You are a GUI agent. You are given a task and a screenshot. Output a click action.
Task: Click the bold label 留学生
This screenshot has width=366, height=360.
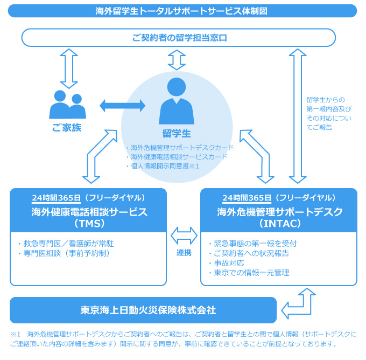click(177, 133)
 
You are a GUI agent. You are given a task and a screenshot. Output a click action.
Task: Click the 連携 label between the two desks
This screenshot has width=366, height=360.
click(184, 253)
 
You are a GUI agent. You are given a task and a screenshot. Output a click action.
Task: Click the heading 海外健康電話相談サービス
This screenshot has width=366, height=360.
click(89, 212)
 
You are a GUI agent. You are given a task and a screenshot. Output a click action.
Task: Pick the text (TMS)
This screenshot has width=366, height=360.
click(89, 223)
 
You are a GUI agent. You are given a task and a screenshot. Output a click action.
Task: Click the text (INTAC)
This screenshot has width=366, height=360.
click(279, 223)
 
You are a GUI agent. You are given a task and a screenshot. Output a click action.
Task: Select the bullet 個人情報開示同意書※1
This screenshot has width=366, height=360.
click(162, 166)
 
